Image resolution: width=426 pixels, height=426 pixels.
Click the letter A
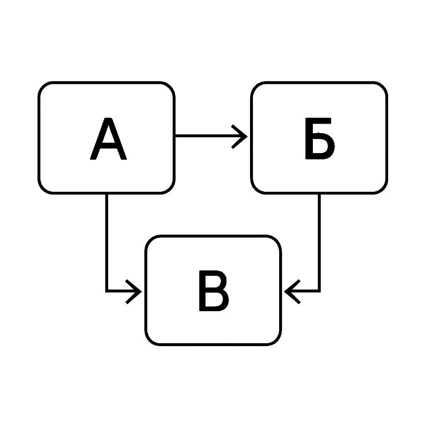click(x=109, y=139)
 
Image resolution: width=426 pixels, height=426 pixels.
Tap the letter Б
click(x=320, y=139)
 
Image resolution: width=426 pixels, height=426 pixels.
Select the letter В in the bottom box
click(x=214, y=291)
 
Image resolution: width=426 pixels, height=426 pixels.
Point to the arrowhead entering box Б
click(x=240, y=136)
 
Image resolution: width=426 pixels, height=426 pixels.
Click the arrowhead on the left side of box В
click(x=134, y=292)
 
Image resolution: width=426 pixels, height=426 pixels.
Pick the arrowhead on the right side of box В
click(x=292, y=292)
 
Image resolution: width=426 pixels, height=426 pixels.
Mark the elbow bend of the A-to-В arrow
click(x=107, y=291)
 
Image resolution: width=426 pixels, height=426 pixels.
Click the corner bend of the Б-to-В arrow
click(x=319, y=291)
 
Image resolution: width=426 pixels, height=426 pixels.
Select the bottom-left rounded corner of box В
click(x=149, y=341)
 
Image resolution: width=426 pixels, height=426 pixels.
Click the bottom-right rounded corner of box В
click(x=277, y=341)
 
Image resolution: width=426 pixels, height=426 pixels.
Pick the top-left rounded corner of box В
click(x=149, y=239)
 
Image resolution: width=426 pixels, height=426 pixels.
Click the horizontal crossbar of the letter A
click(x=109, y=145)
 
